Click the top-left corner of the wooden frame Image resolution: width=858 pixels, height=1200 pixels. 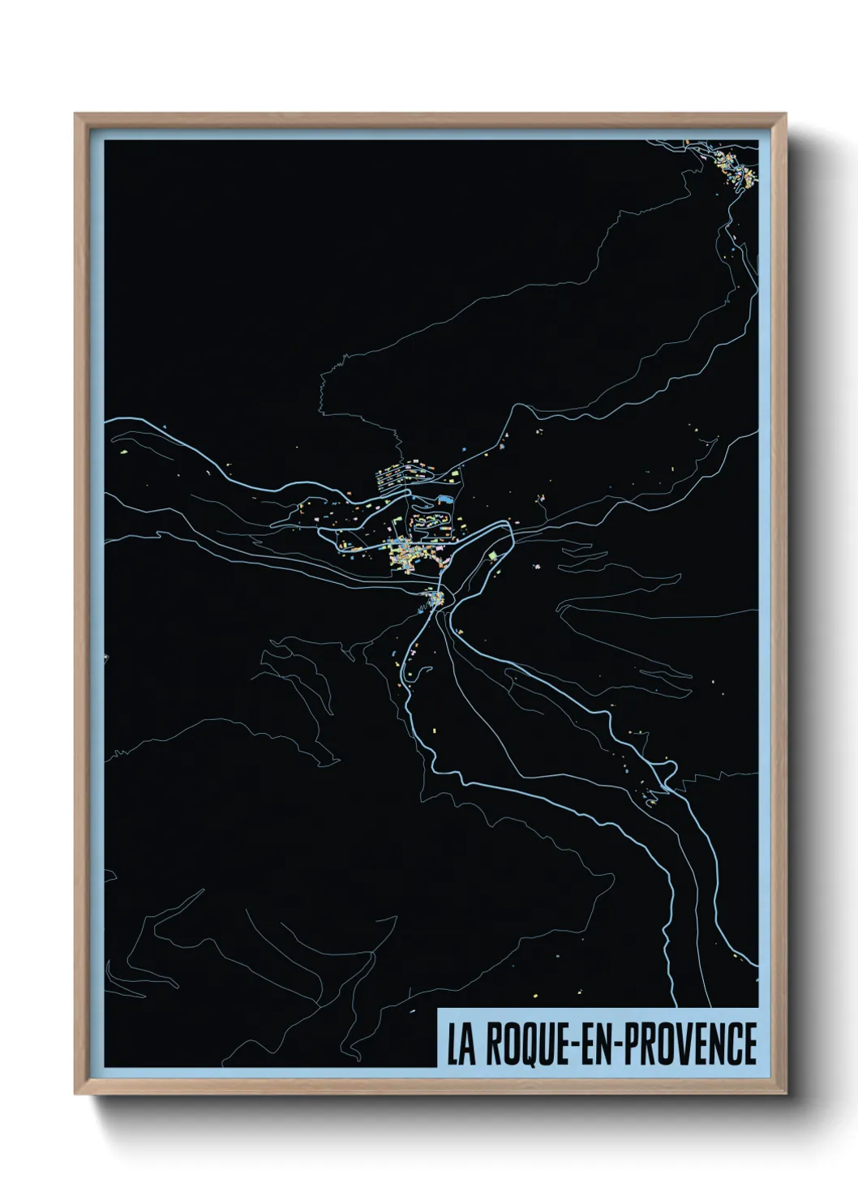coord(76,114)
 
